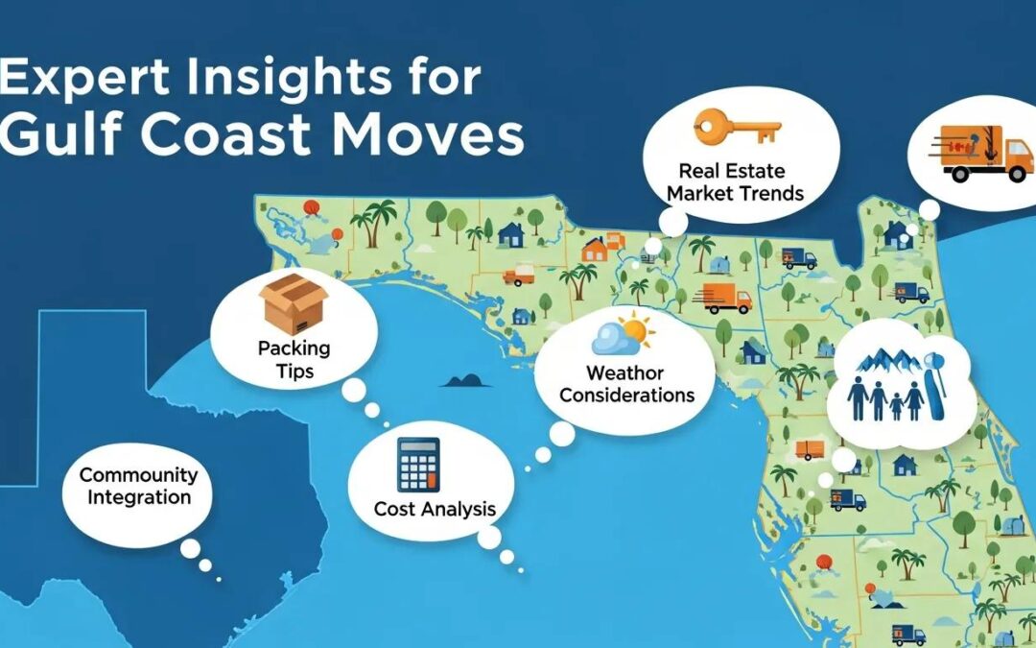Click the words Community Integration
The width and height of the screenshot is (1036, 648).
(x=138, y=486)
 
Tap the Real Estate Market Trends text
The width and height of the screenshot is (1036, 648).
(x=735, y=182)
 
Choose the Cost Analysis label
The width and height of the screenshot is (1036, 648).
(x=435, y=508)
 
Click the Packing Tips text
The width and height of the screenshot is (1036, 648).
(x=294, y=359)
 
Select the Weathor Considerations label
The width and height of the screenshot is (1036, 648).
(x=626, y=384)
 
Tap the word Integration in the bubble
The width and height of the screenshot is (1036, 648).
(x=138, y=497)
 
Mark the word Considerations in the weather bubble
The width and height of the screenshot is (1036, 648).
(x=626, y=395)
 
